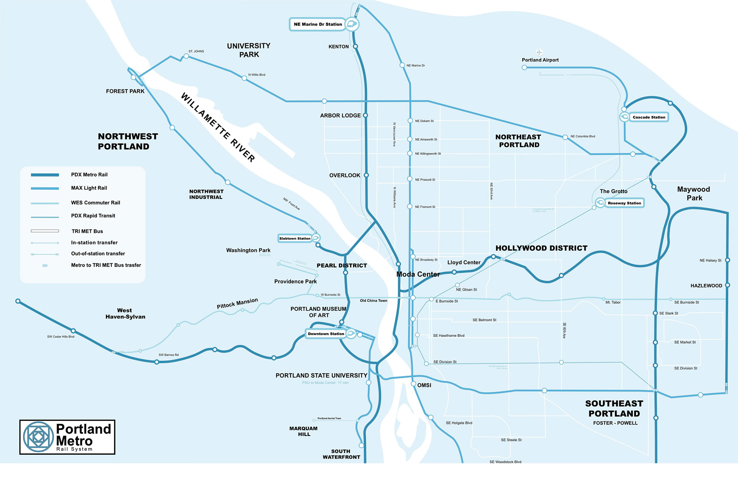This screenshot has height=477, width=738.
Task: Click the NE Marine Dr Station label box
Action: pos(317,24)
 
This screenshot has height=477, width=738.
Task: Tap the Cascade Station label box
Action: pos(649,117)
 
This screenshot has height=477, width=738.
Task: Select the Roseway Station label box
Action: pos(624,203)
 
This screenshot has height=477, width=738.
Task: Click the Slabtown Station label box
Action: pos(295,238)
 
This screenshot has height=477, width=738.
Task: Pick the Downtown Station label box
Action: pos(326,334)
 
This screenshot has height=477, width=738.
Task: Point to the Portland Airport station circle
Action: pos(524,68)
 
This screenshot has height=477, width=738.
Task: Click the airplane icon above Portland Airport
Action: pos(539,52)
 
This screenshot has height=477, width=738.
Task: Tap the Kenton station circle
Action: pos(356,46)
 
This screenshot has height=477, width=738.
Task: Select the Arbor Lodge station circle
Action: pos(366,115)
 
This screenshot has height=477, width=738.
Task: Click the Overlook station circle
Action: pos(366,175)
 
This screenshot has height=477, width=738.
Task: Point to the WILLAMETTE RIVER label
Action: pos(218,127)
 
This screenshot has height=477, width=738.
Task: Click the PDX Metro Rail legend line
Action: pos(45,175)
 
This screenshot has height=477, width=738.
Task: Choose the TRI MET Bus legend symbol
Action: pos(45,231)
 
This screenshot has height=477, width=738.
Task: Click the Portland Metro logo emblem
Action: pos(38,437)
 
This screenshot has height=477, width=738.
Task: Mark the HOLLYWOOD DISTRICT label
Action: pos(541,248)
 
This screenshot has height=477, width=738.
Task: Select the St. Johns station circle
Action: pos(186,56)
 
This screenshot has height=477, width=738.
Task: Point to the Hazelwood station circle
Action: pos(727,285)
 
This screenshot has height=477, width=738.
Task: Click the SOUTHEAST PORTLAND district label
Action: pos(614,408)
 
